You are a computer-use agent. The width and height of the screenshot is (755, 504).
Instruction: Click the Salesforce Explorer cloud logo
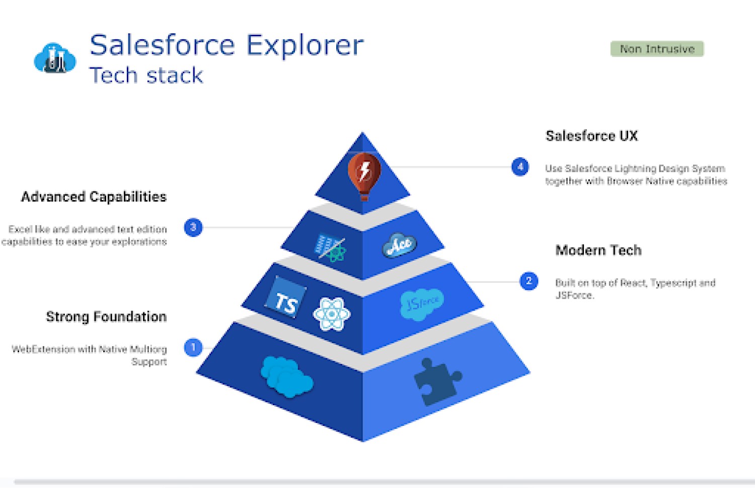tap(55, 58)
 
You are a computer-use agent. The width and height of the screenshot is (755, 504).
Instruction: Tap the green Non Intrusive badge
tap(657, 49)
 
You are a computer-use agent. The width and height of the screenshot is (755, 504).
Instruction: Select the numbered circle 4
tap(520, 166)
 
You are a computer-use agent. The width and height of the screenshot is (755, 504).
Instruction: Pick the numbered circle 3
tap(193, 227)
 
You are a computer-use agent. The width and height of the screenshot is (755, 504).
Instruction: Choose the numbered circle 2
tap(528, 281)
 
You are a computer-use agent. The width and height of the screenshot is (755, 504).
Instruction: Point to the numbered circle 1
tap(193, 347)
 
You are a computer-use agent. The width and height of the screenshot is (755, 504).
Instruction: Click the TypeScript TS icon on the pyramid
tap(286, 297)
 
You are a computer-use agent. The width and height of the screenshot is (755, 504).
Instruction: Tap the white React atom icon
tap(332, 314)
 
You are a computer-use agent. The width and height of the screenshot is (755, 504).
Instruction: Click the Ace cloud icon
tap(400, 245)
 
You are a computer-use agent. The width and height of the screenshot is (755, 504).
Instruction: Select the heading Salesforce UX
tap(591, 136)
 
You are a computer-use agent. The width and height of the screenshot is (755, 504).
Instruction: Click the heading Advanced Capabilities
tap(94, 197)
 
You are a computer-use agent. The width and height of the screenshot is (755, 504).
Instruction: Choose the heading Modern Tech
tap(598, 250)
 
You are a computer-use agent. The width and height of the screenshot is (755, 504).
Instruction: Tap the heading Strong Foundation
tap(106, 317)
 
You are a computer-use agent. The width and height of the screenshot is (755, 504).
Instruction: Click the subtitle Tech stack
tap(146, 75)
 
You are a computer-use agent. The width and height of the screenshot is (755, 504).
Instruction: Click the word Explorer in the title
tap(305, 45)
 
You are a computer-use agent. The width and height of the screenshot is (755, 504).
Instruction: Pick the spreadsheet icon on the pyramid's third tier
tap(328, 246)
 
